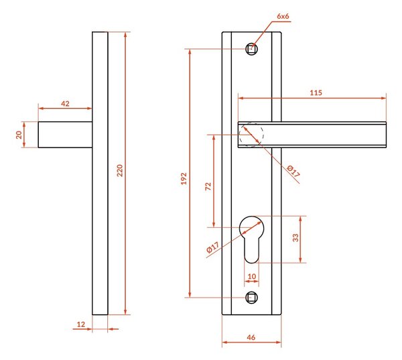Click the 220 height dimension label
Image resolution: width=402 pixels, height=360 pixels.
click(x=120, y=170)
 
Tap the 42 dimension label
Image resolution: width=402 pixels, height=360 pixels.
click(x=65, y=104)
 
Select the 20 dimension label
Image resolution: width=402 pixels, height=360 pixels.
click(x=19, y=135)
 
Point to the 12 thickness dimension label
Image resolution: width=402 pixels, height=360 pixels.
click(x=81, y=324)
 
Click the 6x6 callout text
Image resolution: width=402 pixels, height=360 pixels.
click(x=283, y=16)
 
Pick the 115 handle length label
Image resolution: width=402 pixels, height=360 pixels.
click(x=316, y=93)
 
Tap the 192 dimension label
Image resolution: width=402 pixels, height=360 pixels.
click(x=184, y=178)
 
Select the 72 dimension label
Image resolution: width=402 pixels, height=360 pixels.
click(x=208, y=186)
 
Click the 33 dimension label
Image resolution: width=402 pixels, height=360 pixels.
click(x=295, y=237)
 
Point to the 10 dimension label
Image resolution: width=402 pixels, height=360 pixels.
click(x=252, y=276)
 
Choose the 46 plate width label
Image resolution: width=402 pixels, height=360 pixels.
click(x=251, y=337)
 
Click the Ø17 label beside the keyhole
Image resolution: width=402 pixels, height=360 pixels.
click(x=213, y=247)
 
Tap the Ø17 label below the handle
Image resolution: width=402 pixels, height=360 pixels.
click(x=293, y=172)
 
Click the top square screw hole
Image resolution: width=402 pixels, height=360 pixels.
click(x=251, y=49)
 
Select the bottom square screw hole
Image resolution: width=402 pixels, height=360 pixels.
click(x=251, y=298)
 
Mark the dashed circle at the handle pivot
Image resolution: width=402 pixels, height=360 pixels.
click(x=263, y=135)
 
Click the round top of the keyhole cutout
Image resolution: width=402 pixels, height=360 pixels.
click(x=251, y=217)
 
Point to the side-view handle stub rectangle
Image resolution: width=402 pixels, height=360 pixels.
click(x=65, y=135)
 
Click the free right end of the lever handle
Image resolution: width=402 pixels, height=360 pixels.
click(x=386, y=135)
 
